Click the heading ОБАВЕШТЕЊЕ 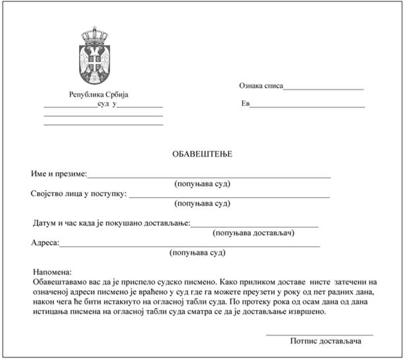pos(202,154)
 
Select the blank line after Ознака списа pos(323,88)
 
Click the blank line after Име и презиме pos(209,177)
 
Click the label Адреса pos(45,242)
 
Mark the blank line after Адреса pos(190,245)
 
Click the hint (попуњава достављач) pos(254,232)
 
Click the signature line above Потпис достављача pos(319,335)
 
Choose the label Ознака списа pos(260,86)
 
